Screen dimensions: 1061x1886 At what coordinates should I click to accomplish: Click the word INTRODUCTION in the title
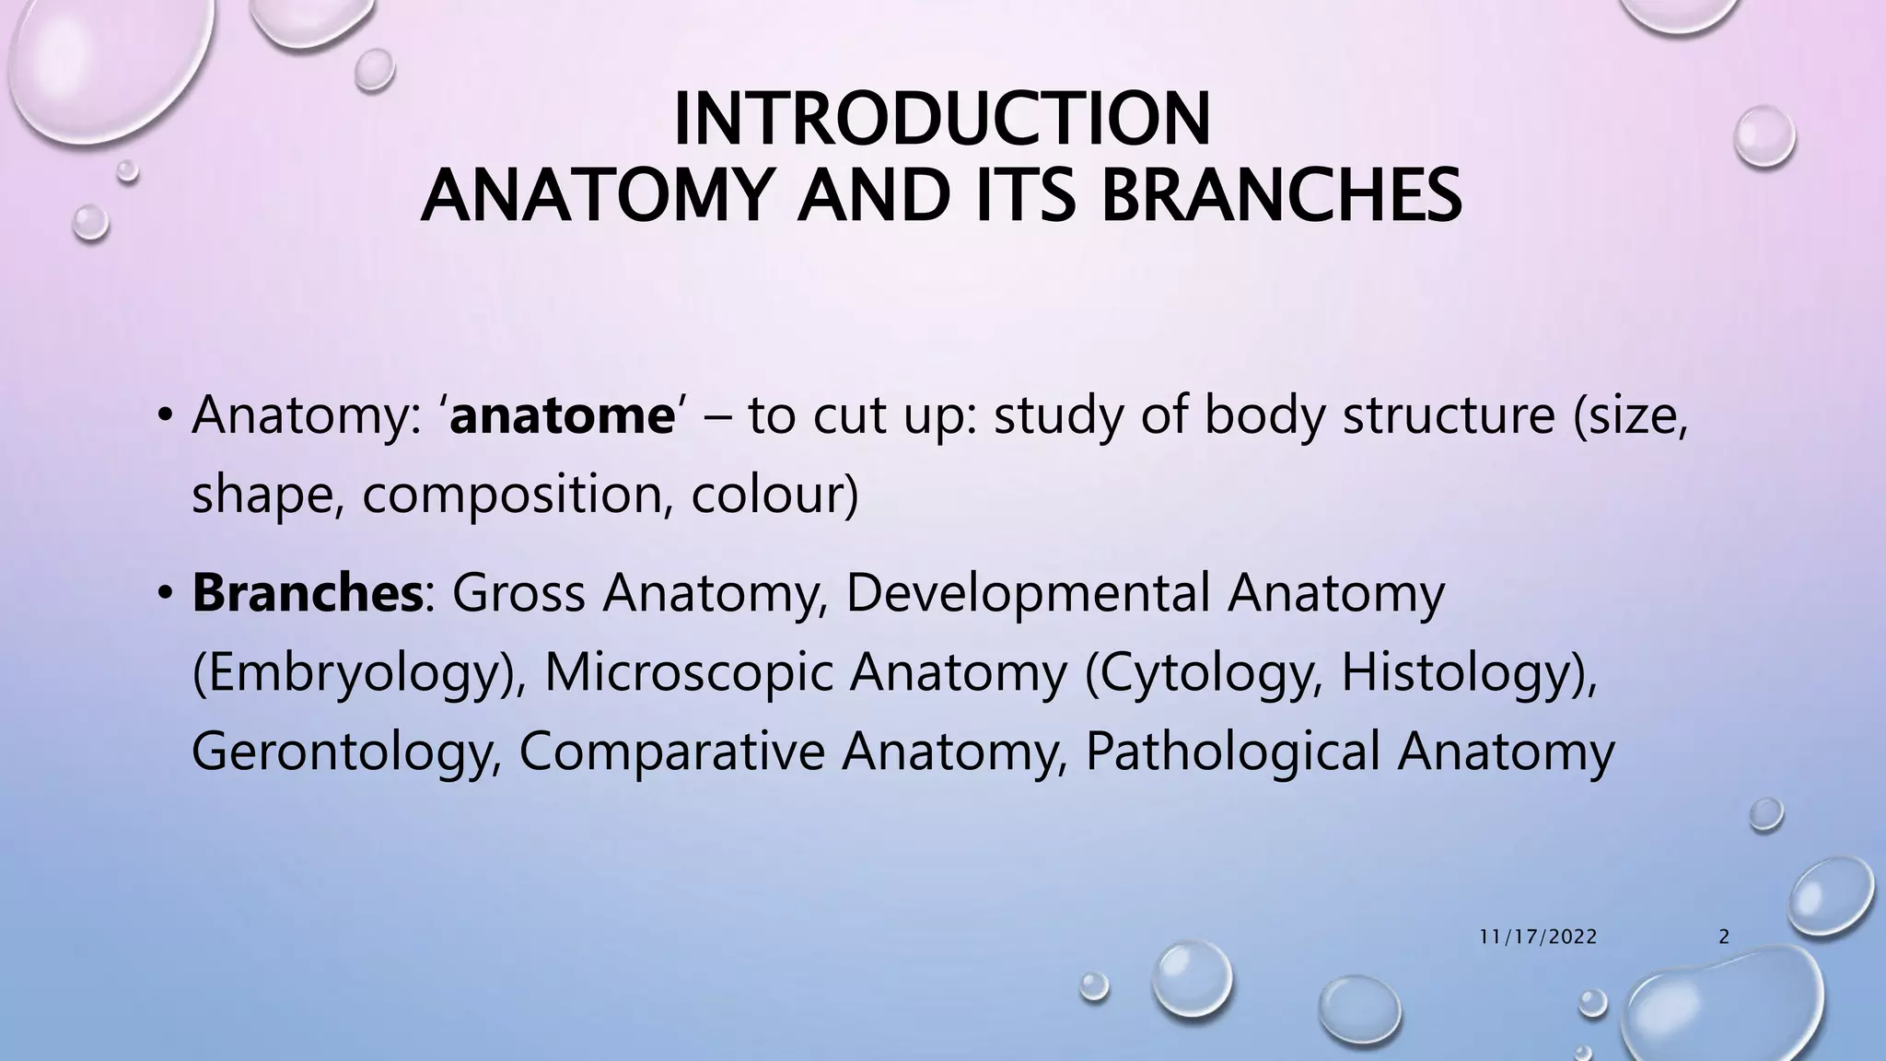tap(941, 120)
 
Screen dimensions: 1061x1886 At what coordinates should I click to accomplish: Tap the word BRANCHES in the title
tap(1280, 196)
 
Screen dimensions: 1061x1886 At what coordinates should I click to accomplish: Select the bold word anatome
tap(562, 415)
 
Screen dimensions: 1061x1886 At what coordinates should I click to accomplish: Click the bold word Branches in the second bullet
tap(307, 593)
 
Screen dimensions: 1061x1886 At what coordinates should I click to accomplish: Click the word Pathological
tap(1232, 752)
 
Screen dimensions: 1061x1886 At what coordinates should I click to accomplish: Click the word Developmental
tap(1027, 593)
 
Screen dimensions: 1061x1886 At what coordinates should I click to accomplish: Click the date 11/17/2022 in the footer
tap(1538, 938)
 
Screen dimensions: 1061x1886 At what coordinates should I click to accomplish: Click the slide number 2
tap(1724, 938)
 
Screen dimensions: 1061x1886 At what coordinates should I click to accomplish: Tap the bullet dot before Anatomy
tap(164, 417)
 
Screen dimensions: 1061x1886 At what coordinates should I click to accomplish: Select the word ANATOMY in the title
tap(591, 196)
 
